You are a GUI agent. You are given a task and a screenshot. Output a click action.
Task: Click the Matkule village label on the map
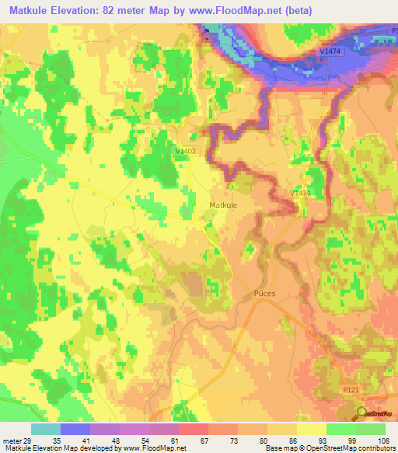(223, 205)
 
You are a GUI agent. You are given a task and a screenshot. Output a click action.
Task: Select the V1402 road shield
(187, 151)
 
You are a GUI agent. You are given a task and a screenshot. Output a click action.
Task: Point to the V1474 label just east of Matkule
(301, 192)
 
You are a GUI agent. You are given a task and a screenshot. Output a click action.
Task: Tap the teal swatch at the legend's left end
(46, 429)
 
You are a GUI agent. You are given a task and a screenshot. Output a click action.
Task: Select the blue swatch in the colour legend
(75, 429)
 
